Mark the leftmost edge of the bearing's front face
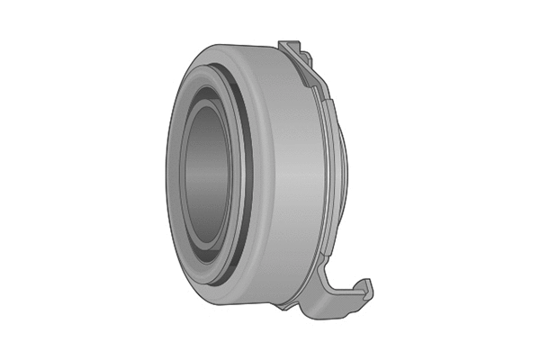(166, 180)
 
